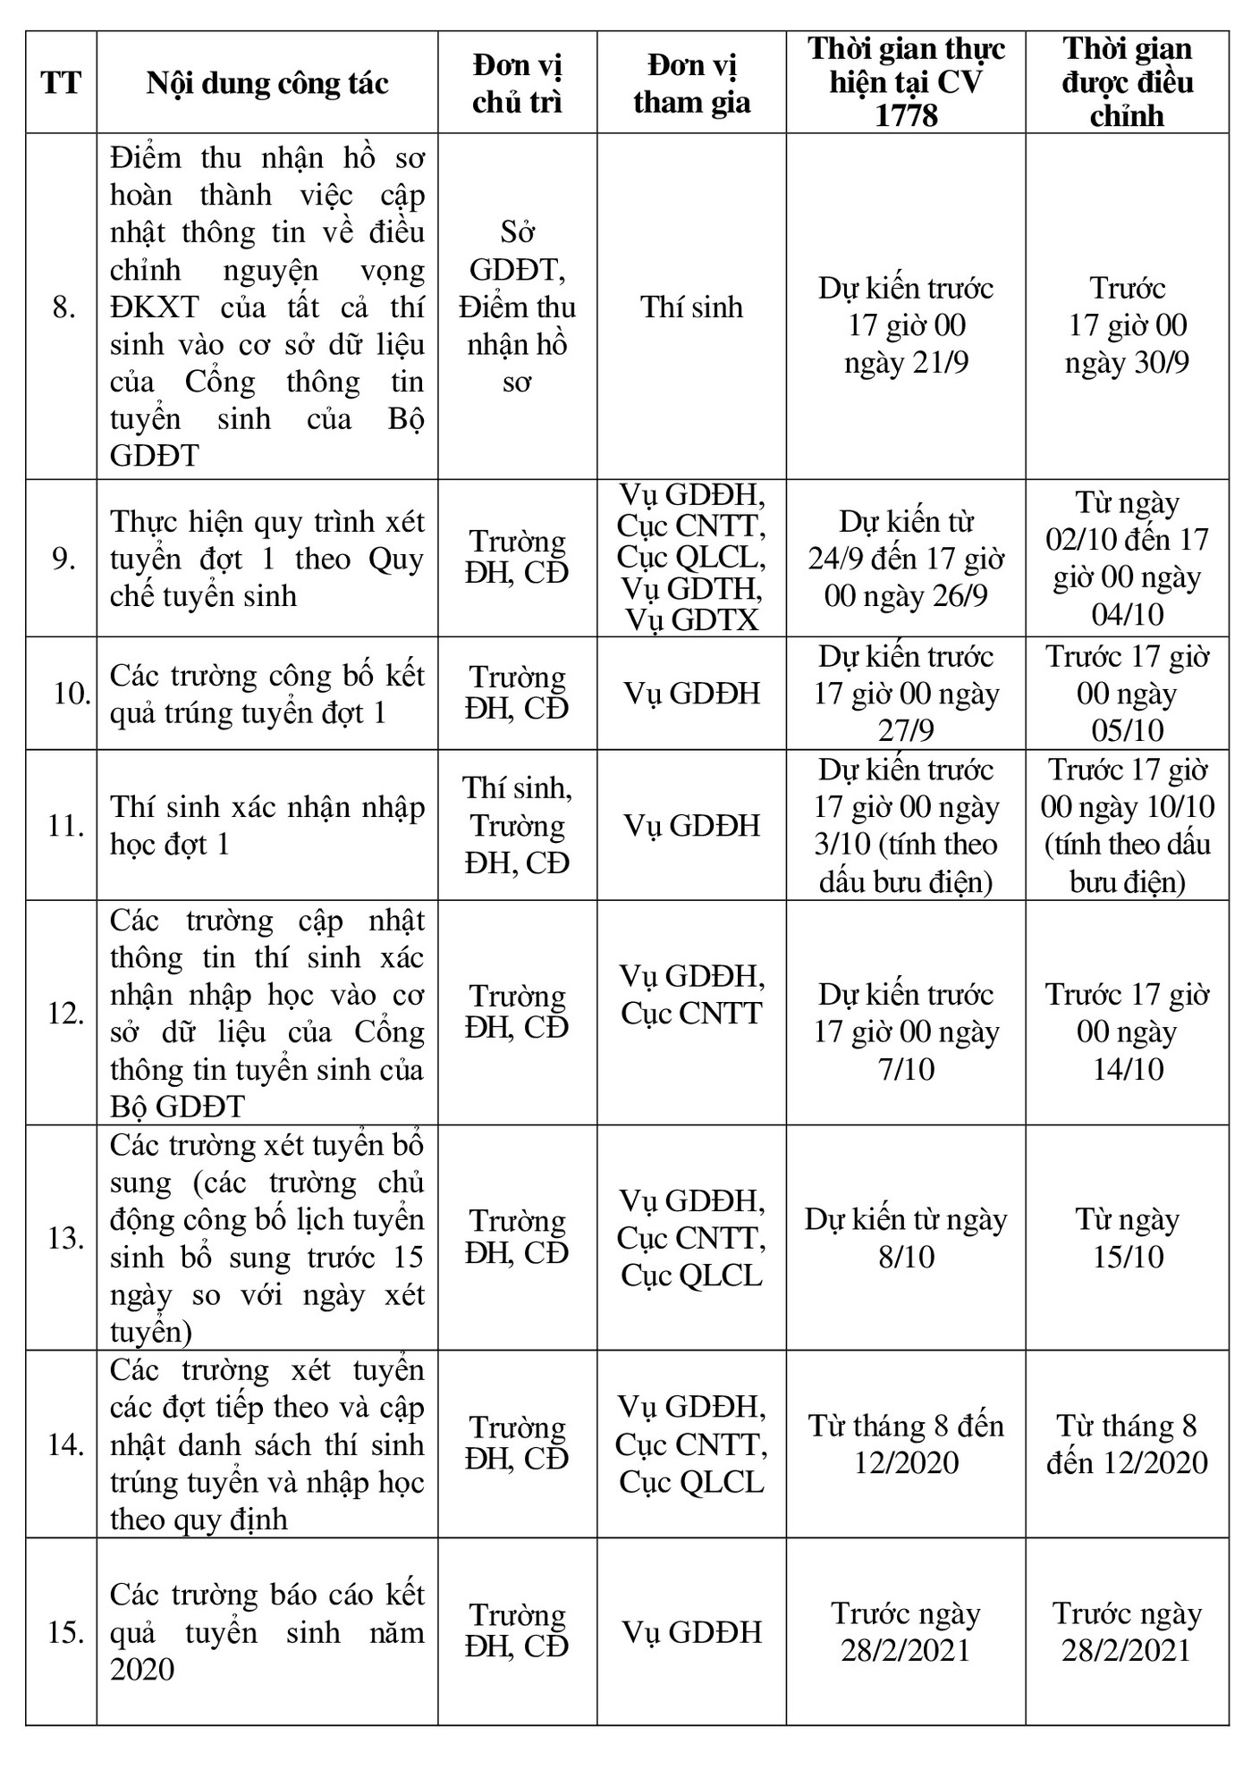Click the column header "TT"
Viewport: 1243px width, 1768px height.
coord(61,83)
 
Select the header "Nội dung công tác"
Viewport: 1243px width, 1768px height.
coord(267,83)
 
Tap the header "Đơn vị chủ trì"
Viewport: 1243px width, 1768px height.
coord(517,83)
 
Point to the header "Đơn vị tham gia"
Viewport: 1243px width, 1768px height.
coord(691,83)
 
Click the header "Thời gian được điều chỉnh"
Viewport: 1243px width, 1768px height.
coord(1127,82)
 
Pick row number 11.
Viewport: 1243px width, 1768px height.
coord(66,825)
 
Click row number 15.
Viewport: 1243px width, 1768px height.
coord(66,1631)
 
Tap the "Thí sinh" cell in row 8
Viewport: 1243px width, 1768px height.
coord(691,307)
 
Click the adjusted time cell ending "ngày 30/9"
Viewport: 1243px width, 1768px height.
coord(1127,325)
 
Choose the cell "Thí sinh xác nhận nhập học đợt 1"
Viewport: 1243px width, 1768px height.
coord(267,825)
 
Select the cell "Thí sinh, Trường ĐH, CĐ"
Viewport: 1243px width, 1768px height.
coord(517,825)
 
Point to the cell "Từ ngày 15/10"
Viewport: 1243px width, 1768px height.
coord(1127,1238)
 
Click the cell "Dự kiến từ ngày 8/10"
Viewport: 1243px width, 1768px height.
coord(905,1238)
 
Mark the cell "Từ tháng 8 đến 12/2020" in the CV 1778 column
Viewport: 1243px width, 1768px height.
coord(905,1444)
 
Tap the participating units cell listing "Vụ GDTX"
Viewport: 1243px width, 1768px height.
coord(691,558)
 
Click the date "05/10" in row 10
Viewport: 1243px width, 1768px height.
coord(1127,730)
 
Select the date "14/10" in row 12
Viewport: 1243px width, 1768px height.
coord(1128,1069)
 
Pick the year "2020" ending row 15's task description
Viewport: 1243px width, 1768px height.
coord(142,1669)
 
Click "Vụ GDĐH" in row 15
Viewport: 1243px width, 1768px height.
coord(691,1632)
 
